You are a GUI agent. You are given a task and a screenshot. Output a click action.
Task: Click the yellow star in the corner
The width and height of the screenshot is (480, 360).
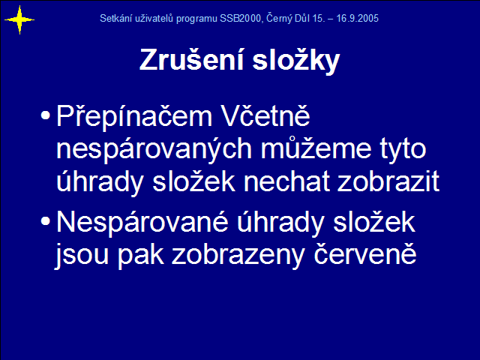[x=19, y=20]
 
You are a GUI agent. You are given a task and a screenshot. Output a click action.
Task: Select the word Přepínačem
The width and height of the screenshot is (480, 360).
[x=134, y=117]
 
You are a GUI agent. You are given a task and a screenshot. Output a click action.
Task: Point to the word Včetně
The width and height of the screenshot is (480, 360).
[x=265, y=115]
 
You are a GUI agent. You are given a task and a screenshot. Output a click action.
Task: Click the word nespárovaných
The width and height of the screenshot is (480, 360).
[x=154, y=149]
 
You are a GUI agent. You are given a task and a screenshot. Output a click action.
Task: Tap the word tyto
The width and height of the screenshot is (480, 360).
[x=403, y=150]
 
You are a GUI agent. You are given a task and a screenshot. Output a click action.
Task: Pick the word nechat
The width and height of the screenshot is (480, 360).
[x=286, y=181]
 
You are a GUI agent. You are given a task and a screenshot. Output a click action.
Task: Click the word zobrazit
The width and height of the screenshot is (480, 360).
[x=388, y=181]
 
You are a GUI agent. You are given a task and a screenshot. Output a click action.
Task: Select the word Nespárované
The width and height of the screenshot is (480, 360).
[x=142, y=223]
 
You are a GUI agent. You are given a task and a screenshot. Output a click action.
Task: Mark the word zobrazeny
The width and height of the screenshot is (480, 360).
[x=238, y=256]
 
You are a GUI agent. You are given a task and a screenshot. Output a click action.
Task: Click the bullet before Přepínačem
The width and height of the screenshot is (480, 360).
[x=45, y=115]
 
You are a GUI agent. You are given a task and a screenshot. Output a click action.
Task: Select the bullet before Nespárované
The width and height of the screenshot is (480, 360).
[x=45, y=221]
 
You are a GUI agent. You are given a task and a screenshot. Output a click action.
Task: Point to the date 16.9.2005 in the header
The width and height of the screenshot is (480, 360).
[x=357, y=18]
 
